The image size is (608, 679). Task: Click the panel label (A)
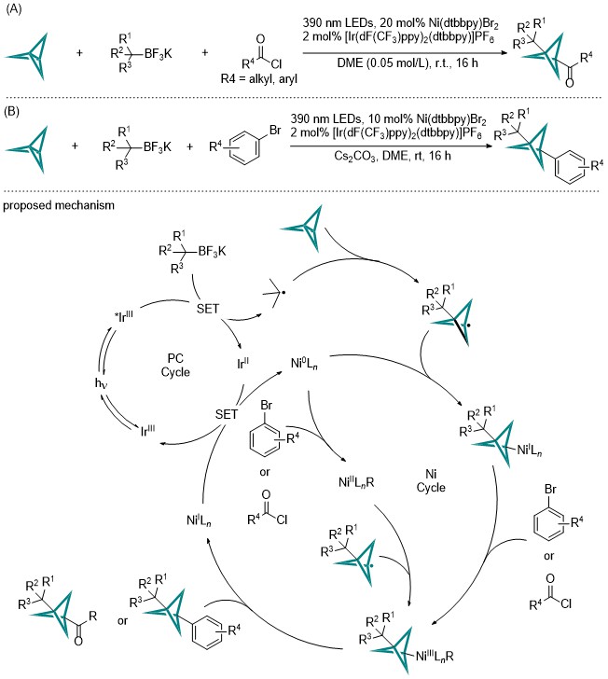click(x=12, y=9)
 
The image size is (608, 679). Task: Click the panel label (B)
click(x=12, y=112)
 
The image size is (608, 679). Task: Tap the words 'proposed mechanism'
click(x=59, y=205)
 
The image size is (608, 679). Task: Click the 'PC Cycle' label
click(x=175, y=365)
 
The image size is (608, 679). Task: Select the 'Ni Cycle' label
click(x=431, y=480)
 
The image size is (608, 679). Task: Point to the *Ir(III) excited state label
click(x=124, y=316)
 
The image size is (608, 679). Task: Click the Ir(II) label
click(x=243, y=363)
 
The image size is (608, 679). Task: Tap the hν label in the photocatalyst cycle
click(x=101, y=383)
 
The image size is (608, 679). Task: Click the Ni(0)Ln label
click(x=304, y=364)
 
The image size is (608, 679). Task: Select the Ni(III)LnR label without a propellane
click(x=356, y=482)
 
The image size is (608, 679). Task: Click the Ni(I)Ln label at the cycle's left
click(x=199, y=520)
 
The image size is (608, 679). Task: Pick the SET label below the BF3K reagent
click(x=208, y=309)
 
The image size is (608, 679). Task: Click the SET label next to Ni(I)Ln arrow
click(x=227, y=414)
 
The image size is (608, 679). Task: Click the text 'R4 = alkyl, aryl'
click(x=259, y=78)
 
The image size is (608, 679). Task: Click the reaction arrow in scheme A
click(x=405, y=53)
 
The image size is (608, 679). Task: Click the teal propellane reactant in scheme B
click(x=28, y=150)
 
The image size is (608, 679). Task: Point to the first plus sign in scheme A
click(x=79, y=53)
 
